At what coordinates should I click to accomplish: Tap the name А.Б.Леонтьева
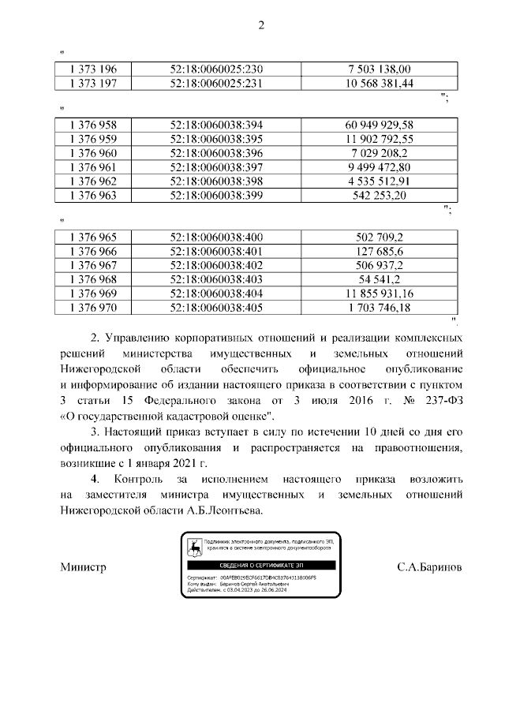click(x=224, y=510)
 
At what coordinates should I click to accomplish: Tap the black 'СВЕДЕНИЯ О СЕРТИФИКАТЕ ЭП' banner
click(x=260, y=566)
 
